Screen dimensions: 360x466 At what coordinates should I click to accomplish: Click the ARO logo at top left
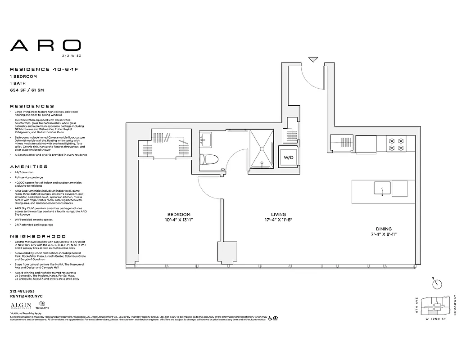coord(45,45)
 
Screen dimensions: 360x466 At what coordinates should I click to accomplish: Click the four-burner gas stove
coord(397,144)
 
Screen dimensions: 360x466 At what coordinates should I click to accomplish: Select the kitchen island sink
coord(382,188)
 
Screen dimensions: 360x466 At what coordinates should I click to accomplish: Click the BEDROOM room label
coord(179,215)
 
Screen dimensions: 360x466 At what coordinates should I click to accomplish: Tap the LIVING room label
coord(279,215)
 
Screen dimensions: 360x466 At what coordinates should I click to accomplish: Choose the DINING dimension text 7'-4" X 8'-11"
coord(380,234)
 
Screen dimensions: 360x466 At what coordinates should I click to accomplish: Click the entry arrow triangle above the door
coord(313,59)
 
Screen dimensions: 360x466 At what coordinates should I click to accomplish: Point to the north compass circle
coord(437,284)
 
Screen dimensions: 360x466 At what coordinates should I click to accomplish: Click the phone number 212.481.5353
coord(22,291)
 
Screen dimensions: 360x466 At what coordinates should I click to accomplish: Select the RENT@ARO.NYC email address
coord(26,297)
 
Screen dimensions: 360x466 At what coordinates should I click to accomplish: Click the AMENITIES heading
coord(28,166)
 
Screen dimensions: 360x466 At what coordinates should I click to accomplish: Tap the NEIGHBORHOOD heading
coord(38,236)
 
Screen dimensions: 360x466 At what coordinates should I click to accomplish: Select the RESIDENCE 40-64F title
coord(41,69)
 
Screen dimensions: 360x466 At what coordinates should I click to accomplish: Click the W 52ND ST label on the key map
coord(435,319)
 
